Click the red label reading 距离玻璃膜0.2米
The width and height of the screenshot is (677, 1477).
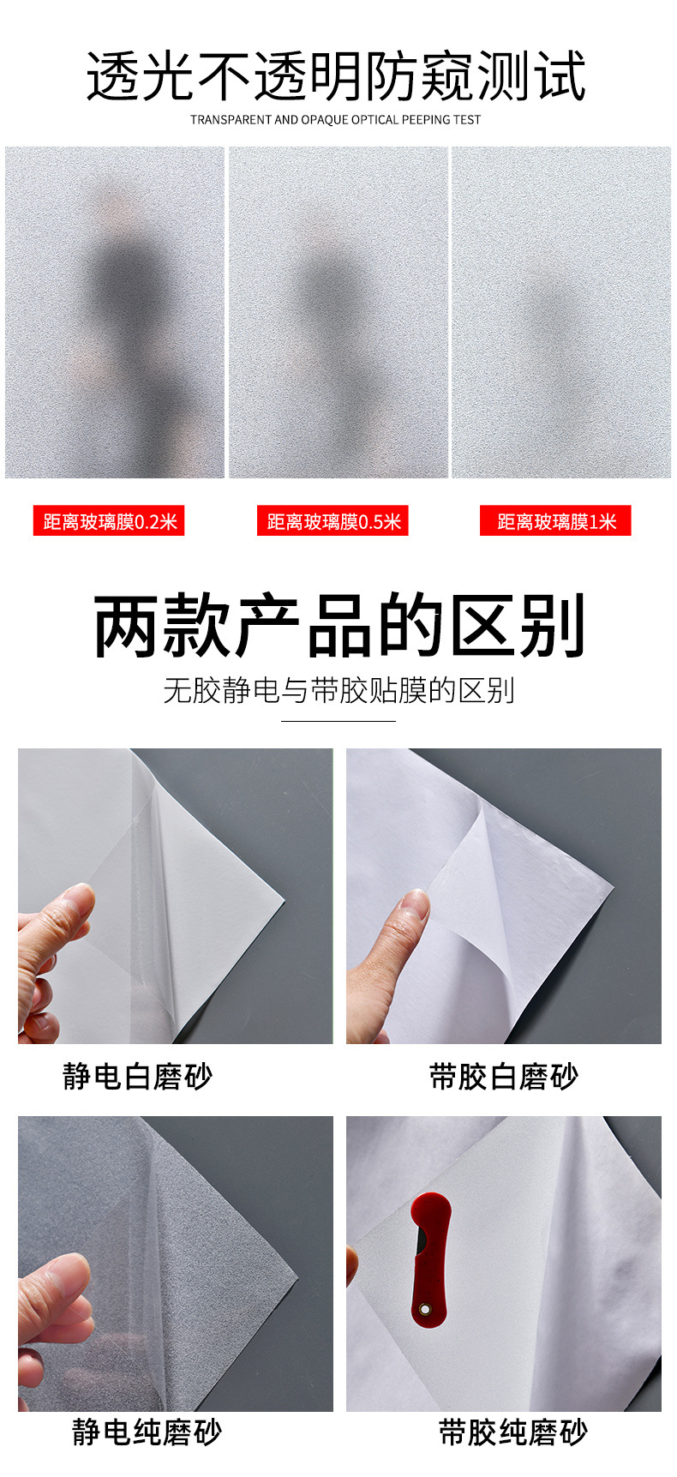[x=109, y=521]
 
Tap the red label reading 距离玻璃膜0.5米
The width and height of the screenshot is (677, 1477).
[x=333, y=521]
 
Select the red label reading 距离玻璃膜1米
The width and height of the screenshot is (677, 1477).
[x=555, y=521]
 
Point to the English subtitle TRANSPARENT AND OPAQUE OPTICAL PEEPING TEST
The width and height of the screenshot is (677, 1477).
[x=335, y=120]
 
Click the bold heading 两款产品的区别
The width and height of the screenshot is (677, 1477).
[x=339, y=626]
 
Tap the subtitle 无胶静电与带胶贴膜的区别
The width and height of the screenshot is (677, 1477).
[x=338, y=690]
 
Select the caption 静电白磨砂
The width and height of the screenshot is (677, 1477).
[x=137, y=1076]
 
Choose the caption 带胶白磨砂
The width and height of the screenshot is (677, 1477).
[x=504, y=1076]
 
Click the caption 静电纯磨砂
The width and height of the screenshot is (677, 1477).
[x=147, y=1432]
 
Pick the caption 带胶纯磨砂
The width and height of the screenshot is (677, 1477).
[x=513, y=1432]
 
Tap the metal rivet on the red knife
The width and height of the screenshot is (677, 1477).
[x=423, y=1310]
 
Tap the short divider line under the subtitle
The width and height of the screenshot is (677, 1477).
[x=338, y=721]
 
